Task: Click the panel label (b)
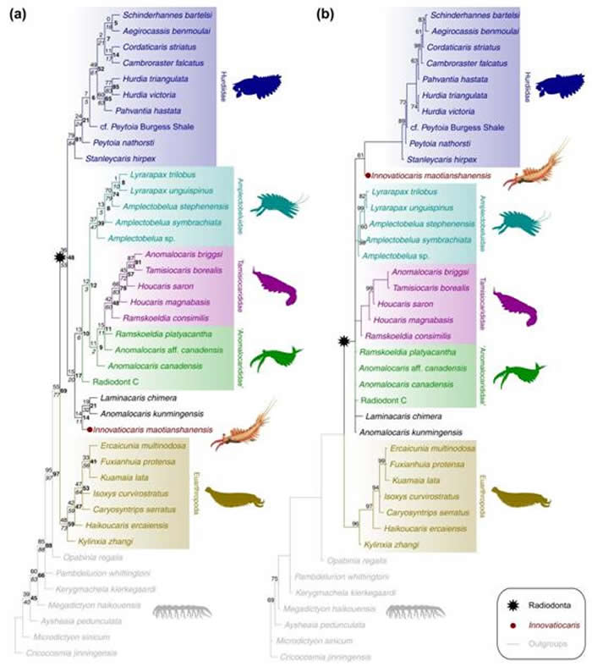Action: [326, 15]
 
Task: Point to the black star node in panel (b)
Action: [343, 340]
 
